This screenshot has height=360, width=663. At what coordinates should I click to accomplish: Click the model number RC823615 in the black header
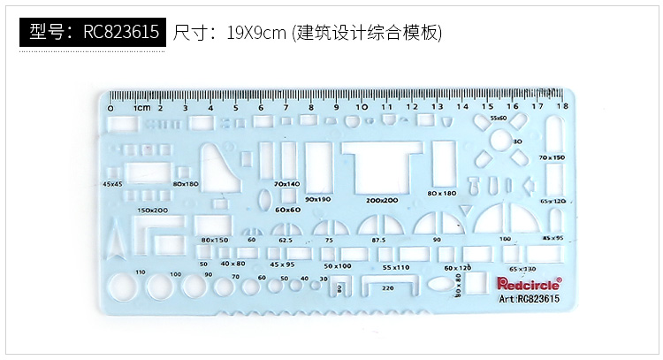[121, 33]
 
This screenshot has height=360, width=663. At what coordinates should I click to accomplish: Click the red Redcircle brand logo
[529, 283]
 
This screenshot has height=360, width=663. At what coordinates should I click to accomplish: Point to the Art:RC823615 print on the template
[530, 299]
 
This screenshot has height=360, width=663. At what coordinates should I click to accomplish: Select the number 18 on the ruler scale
[562, 107]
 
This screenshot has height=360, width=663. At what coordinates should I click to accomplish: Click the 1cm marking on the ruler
[141, 107]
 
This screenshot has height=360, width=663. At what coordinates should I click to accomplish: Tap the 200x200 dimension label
[381, 201]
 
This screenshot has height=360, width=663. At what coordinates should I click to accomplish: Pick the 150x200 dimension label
[152, 210]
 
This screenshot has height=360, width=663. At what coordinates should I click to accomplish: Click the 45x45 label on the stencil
[112, 183]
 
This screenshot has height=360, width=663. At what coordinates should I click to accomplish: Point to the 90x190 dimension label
[317, 200]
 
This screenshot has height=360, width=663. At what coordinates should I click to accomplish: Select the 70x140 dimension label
[286, 183]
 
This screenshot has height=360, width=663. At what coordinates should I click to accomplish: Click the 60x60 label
[287, 210]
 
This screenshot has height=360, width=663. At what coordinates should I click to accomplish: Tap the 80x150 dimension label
[215, 240]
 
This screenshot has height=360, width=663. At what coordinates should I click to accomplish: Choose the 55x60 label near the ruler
[499, 118]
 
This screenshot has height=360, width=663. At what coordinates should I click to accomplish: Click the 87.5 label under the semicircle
[378, 240]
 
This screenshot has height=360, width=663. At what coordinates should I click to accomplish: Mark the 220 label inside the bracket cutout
[387, 287]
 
